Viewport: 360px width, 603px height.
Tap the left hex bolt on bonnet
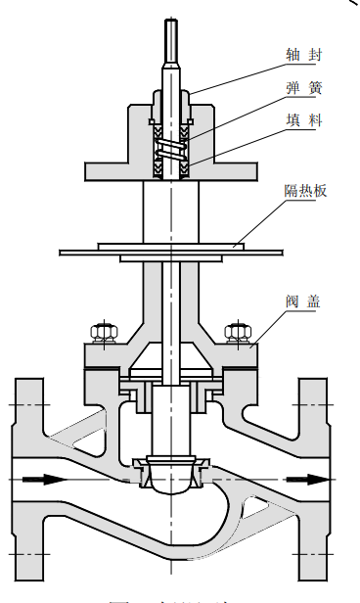99,332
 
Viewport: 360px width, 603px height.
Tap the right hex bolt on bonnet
235,332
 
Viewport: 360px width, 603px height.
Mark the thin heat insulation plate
98,252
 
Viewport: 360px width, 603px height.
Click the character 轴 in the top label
292,56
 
